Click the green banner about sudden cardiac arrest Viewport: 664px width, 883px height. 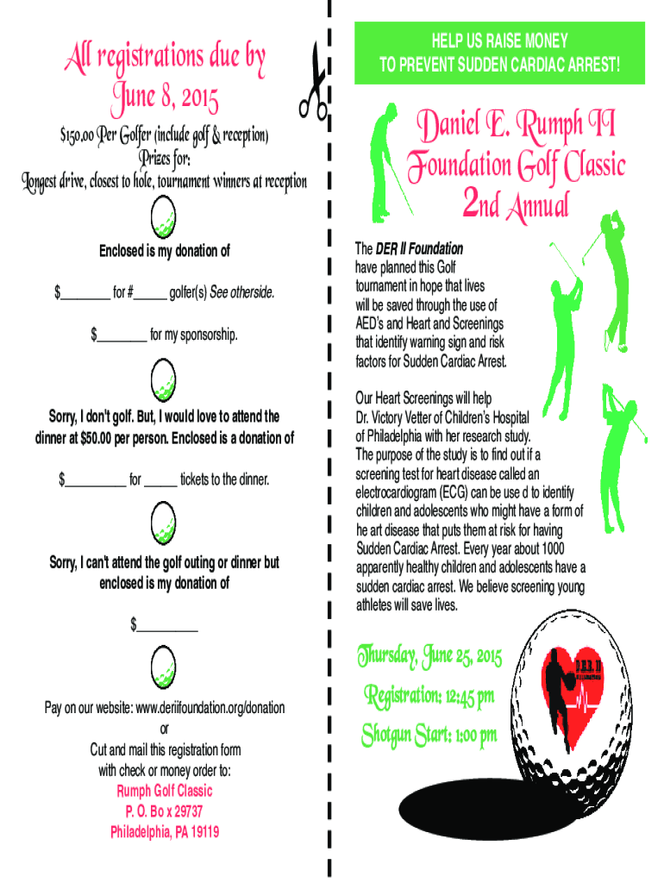coord(499,53)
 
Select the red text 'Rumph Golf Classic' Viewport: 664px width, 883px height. coord(164,791)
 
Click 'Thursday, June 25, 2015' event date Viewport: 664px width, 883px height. coord(429,660)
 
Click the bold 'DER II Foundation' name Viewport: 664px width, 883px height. coord(419,248)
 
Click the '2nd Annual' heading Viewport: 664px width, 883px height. coord(516,204)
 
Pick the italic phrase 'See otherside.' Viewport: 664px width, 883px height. coord(246,294)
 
